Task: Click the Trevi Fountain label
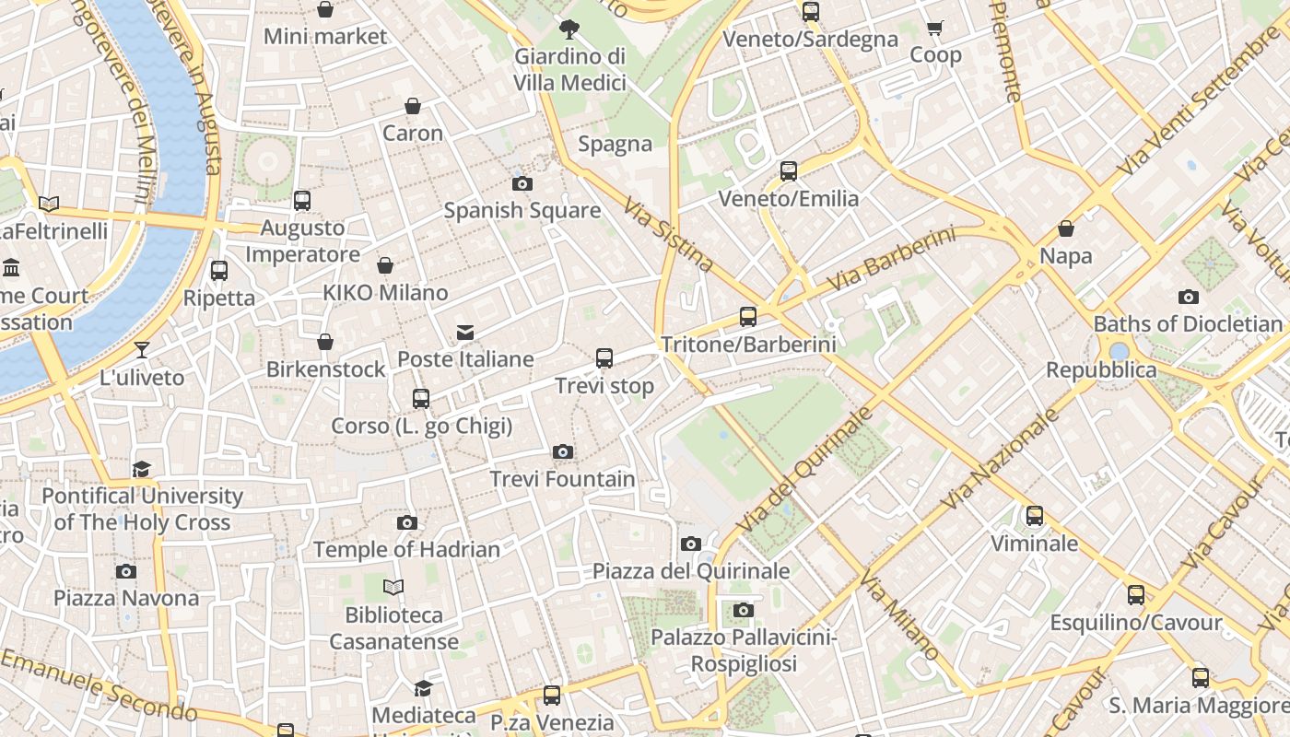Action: pos(562,479)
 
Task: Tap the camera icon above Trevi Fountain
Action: pos(563,452)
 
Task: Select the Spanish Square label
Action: pos(522,210)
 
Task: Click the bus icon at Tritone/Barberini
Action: pos(748,317)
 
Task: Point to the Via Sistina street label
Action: pos(669,236)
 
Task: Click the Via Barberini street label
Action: pos(891,260)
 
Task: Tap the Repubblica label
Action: pos(1101,369)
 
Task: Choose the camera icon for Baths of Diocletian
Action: pos(1189,297)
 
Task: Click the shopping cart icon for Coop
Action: pos(935,29)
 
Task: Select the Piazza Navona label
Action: pos(126,598)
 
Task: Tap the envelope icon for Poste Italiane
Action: pos(465,332)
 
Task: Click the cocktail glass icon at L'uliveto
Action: pos(142,349)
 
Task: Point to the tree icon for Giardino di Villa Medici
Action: pos(569,29)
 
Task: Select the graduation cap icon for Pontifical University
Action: pos(142,469)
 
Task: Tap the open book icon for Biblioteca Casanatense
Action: pos(393,587)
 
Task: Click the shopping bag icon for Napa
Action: pos(1066,228)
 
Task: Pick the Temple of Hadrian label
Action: pos(406,549)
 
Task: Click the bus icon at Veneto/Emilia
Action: pos(789,171)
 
